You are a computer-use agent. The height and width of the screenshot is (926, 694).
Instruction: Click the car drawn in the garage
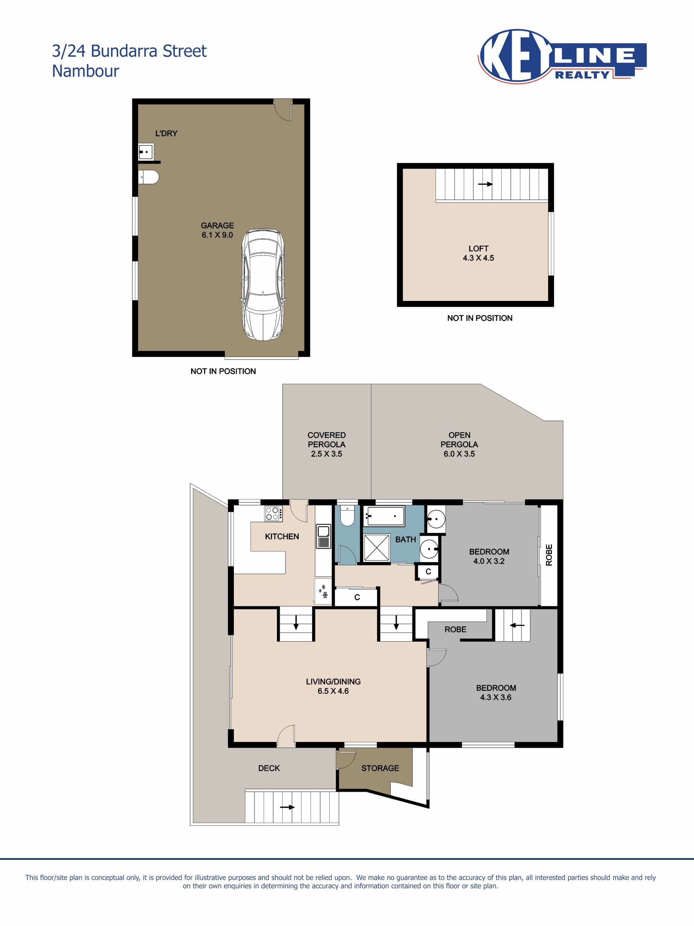click(x=263, y=284)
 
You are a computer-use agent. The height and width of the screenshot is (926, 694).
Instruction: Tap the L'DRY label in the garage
click(x=166, y=133)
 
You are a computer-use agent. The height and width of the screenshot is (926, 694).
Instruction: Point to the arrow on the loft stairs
click(x=485, y=184)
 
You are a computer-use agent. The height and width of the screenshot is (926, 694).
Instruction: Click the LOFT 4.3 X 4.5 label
click(x=478, y=253)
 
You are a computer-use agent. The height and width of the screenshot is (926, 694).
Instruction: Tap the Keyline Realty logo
click(x=562, y=56)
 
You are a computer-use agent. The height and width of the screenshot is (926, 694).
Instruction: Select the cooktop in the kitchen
click(x=273, y=513)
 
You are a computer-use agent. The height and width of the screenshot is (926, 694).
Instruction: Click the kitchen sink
click(x=324, y=536)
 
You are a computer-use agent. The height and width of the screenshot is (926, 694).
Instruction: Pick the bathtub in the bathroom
click(x=384, y=516)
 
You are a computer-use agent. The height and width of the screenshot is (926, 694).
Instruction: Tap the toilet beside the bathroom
click(x=347, y=516)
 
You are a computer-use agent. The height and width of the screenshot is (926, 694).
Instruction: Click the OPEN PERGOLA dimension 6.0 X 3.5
click(x=459, y=454)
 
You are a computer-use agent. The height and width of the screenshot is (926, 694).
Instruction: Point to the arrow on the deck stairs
click(x=287, y=807)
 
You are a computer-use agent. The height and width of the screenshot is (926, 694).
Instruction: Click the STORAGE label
click(x=380, y=768)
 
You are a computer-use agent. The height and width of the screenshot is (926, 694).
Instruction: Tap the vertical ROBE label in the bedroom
click(x=549, y=555)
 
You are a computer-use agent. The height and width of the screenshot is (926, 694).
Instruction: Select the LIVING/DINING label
click(x=333, y=681)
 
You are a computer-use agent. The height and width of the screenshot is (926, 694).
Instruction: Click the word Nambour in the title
click(x=85, y=71)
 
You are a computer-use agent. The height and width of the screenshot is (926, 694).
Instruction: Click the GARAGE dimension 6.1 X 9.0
click(x=217, y=235)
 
